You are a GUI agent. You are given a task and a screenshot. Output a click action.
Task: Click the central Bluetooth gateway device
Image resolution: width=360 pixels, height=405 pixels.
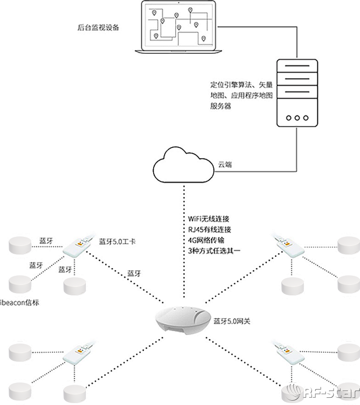(183, 319)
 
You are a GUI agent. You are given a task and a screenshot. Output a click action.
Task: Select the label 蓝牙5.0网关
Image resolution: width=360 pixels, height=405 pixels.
(232, 320)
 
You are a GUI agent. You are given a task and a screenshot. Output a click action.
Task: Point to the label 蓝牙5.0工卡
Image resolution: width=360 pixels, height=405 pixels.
(117, 241)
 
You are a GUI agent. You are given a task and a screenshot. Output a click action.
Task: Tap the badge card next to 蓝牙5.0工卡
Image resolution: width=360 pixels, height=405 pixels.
(77, 247)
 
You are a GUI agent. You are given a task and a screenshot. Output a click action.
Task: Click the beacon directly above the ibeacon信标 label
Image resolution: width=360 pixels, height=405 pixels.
(20, 283)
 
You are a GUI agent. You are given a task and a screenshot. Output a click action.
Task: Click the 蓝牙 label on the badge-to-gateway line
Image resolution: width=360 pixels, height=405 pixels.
(134, 273)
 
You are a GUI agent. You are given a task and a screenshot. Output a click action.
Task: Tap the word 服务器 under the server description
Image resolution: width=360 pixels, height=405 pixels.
(221, 106)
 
